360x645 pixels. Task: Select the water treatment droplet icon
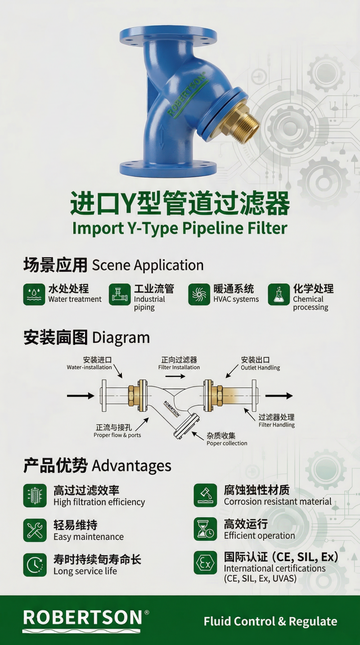pos(34,294)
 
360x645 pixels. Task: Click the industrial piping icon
pos(120,294)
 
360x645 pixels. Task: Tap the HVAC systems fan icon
pos(199,294)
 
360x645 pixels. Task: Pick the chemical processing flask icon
pos(279,294)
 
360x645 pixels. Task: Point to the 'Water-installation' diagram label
pos(89,367)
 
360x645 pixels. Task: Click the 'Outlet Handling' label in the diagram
pos(261,368)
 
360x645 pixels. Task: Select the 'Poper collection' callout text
pos(227,443)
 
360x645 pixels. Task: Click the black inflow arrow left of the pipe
pos(81,396)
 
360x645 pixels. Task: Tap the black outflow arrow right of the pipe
pos(279,396)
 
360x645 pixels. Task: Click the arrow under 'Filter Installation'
pos(175,376)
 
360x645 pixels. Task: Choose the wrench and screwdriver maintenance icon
pos(35,530)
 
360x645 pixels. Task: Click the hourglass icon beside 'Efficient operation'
pos(205,529)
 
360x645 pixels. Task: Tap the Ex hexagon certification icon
pos(205,563)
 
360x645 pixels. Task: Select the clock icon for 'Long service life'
pos(35,565)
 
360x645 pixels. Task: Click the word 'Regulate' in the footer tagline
pos(313,622)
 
